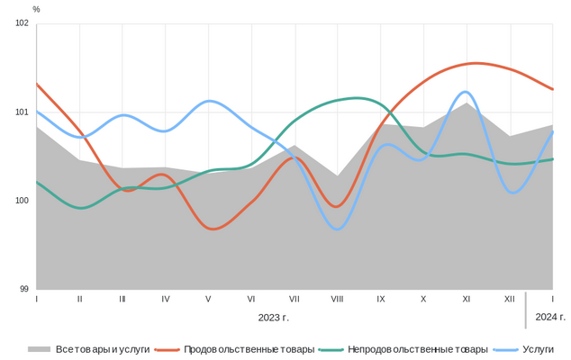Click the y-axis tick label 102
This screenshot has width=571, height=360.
click(23, 24)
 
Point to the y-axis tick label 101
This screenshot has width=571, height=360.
click(23, 112)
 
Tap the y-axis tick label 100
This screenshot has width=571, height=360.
click(23, 201)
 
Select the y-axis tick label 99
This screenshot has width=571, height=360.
click(24, 289)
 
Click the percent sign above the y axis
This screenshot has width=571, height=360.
click(36, 9)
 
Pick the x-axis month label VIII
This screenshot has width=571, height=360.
click(337, 298)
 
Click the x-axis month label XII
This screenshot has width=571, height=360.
click(509, 298)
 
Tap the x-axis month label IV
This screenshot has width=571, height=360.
click(166, 298)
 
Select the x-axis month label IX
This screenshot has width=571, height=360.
click(380, 298)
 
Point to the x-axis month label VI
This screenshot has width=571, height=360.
click(251, 298)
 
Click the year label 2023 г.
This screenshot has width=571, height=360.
click(273, 317)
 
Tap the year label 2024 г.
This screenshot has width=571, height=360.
click(550, 317)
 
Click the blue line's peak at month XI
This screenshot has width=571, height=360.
click(466, 92)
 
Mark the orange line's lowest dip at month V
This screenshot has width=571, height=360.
click(211, 229)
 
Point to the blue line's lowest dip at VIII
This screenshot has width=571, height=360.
click(337, 229)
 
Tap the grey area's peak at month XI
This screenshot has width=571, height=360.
click(466, 103)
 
